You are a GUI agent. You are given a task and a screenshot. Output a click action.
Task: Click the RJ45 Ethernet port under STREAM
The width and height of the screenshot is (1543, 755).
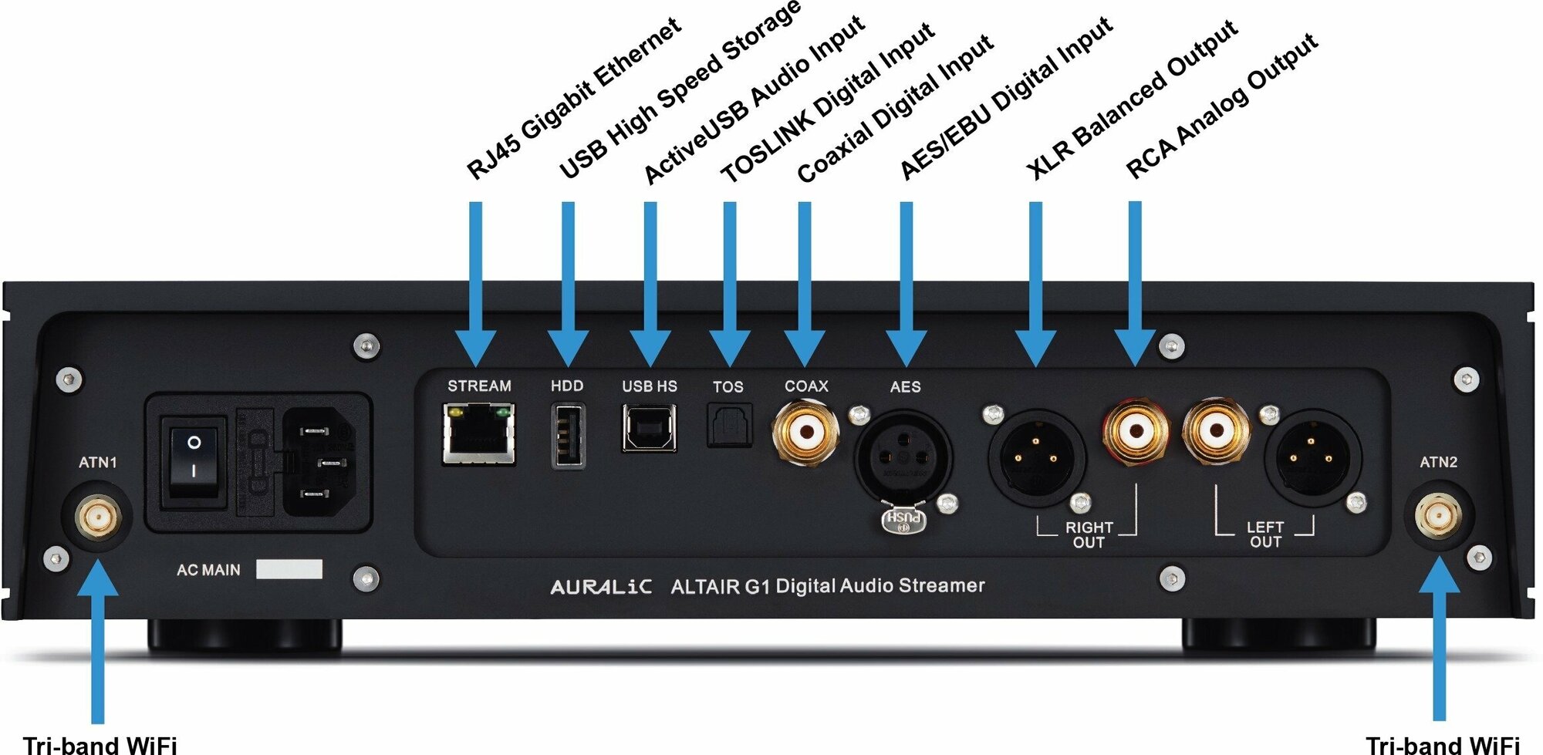(478, 436)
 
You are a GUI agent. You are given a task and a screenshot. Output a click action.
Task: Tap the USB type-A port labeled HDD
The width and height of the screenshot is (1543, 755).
(568, 436)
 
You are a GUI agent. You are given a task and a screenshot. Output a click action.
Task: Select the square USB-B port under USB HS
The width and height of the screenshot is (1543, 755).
(650, 429)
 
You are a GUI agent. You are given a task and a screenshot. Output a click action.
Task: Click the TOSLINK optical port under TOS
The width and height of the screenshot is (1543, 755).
(729, 426)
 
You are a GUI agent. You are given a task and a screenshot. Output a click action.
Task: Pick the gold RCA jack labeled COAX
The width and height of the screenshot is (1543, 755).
(805, 430)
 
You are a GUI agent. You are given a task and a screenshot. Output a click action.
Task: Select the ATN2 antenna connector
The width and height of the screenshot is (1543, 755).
(1438, 516)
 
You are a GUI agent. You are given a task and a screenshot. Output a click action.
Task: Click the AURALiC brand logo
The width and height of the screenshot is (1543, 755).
(601, 588)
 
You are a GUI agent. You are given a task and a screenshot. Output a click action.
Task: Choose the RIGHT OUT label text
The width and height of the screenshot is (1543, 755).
(1089, 534)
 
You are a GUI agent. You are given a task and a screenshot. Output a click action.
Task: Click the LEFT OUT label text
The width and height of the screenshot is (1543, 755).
(1265, 534)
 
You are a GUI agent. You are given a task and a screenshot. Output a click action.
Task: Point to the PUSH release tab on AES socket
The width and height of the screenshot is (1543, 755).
(903, 521)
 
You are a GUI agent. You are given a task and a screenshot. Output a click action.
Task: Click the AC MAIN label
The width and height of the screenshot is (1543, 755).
(208, 570)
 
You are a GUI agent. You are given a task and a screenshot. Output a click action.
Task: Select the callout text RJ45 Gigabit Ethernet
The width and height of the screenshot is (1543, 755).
(575, 99)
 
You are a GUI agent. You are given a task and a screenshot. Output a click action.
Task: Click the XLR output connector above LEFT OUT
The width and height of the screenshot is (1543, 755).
(1311, 459)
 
